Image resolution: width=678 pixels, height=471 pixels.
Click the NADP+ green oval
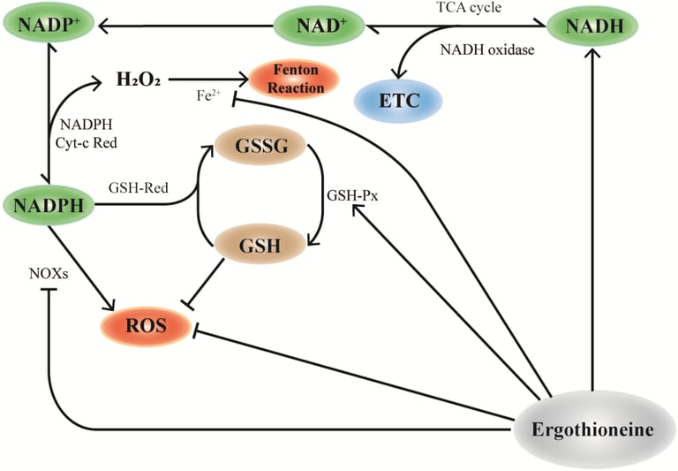pos(49,26)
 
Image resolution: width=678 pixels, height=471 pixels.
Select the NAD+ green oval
pos(320,26)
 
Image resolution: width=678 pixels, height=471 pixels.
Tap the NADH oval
pos(593,27)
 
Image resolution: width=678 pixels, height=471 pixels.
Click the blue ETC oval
pos(398,101)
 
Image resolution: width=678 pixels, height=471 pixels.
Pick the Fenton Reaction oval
pos(295,80)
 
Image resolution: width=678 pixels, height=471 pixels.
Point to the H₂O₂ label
pos(139,80)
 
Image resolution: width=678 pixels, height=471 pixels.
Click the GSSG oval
pos(260,146)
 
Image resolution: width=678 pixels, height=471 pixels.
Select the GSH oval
pos(260,245)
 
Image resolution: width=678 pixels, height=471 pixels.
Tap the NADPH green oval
pos(49,205)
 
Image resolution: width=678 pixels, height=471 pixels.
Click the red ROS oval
pos(146,326)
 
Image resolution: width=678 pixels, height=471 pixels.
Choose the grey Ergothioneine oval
pos(592,429)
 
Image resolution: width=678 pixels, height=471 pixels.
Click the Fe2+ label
pos(208,95)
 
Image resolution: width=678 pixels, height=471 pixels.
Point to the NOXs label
pos(49,274)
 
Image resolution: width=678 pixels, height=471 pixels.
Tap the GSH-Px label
pos(352,195)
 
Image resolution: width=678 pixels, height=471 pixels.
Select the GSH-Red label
pos(138,188)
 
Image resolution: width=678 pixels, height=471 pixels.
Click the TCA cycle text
pos(469,7)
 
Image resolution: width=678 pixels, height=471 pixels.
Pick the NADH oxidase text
pos(487,49)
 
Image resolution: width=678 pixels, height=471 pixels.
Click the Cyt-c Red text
pos(87,143)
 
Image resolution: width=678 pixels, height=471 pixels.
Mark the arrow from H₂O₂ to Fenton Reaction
pos(208,80)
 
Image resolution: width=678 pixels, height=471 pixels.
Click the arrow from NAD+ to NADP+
pos(186,27)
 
